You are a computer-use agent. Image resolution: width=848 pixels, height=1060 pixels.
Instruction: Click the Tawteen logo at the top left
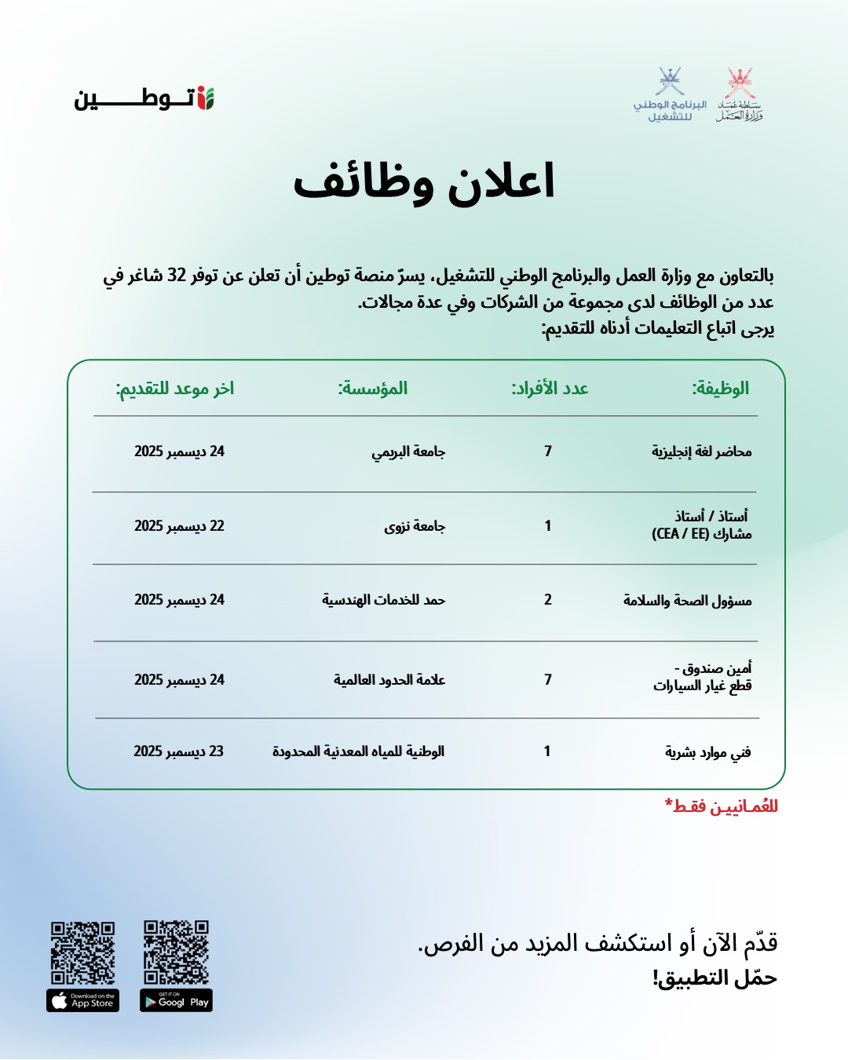coord(144,99)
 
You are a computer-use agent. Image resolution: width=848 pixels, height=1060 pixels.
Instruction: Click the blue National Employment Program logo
coord(670,94)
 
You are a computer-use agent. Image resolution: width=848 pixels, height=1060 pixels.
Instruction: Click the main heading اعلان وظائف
coord(424,182)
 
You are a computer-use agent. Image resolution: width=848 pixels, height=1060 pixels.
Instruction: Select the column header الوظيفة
coord(720,388)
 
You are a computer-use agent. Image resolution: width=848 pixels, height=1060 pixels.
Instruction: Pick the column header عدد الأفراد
coord(550,388)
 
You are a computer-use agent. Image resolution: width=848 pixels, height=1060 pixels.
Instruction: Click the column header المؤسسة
coord(373,388)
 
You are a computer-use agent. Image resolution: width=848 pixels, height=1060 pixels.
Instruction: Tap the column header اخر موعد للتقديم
coord(175,388)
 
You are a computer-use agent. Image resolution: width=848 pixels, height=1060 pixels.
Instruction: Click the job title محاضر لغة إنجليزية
coord(701,451)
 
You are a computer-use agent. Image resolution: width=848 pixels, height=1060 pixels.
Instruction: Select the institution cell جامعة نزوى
coord(415,526)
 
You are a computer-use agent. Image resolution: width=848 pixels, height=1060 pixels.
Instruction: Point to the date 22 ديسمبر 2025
coord(179,526)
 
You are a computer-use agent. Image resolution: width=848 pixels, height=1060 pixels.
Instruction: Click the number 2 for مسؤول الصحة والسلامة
coord(548,600)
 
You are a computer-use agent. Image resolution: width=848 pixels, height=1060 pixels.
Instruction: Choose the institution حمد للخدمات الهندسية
coord(383,600)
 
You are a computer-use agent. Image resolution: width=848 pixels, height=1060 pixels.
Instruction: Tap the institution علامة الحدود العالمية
coord(389,680)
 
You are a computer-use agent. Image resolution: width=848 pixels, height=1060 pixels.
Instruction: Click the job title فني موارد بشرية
coord(707,752)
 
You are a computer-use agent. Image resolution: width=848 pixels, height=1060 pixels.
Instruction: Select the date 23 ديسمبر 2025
coord(179,751)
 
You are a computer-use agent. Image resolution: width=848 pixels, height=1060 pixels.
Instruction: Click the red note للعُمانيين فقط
coord(722,806)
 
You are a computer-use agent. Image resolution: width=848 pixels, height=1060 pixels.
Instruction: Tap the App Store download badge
coord(82,1001)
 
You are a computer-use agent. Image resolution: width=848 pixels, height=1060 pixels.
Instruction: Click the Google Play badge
coord(176,1001)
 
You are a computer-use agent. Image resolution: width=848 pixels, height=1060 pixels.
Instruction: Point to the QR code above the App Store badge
coord(82,952)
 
